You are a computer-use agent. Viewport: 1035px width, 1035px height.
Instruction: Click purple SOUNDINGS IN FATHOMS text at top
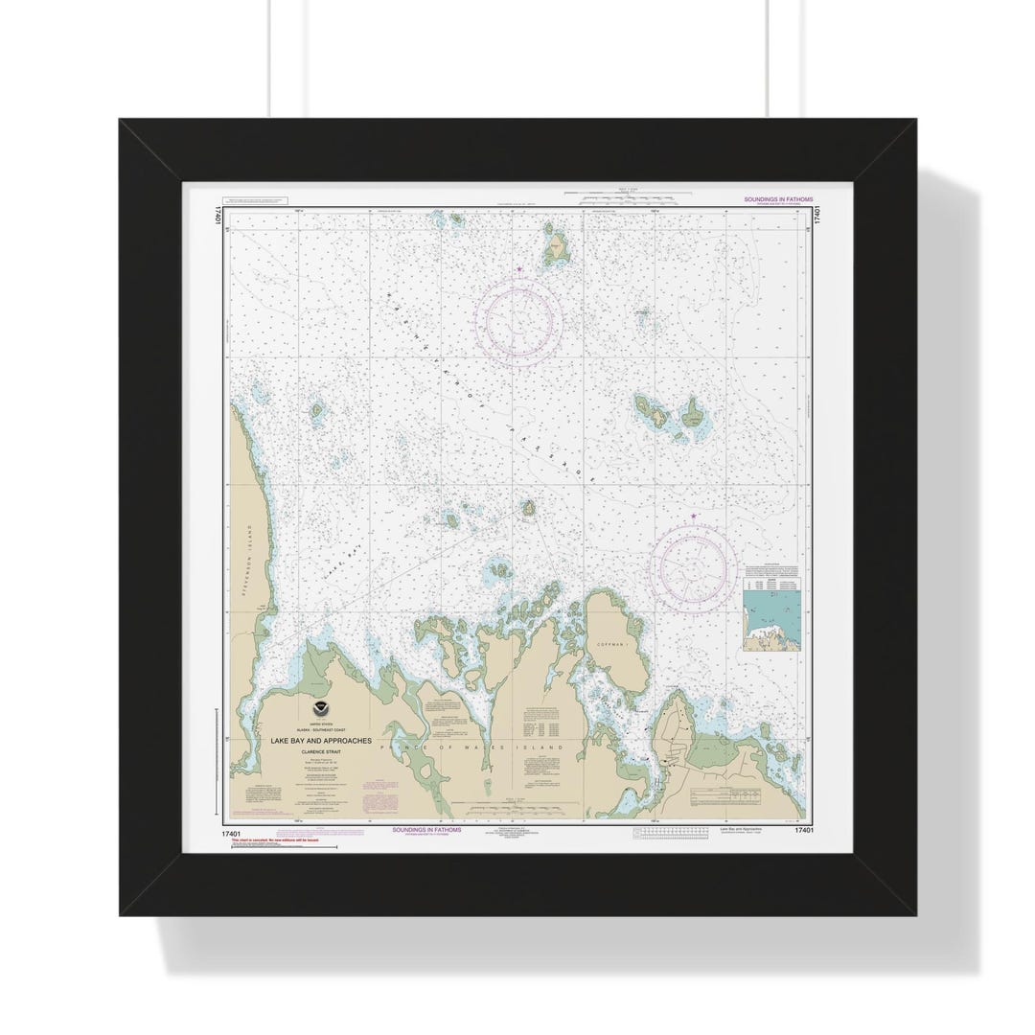(777, 199)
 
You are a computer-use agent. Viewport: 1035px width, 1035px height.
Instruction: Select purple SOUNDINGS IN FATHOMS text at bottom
(426, 830)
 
